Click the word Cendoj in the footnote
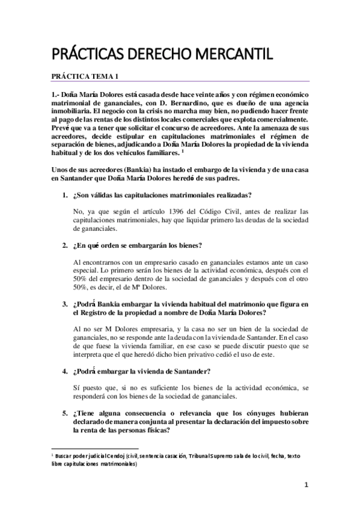click(x=112, y=456)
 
